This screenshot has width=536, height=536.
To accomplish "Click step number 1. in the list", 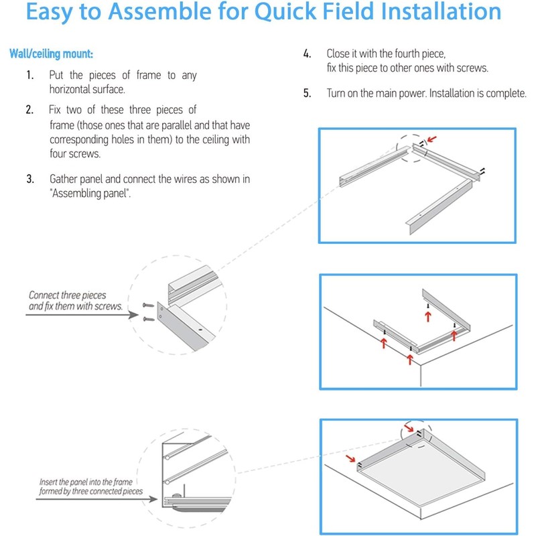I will point(30,75).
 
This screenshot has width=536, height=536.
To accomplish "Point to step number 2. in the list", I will point(30,109).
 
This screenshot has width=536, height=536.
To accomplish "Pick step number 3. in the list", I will point(30,180).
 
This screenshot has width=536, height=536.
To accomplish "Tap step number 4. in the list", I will point(308,53).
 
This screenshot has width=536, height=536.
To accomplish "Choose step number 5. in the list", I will point(308,93).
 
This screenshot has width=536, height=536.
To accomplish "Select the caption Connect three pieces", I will point(68,295).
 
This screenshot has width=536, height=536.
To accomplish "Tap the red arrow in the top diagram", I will point(435,139).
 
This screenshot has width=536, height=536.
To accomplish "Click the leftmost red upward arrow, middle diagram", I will point(383,343).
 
